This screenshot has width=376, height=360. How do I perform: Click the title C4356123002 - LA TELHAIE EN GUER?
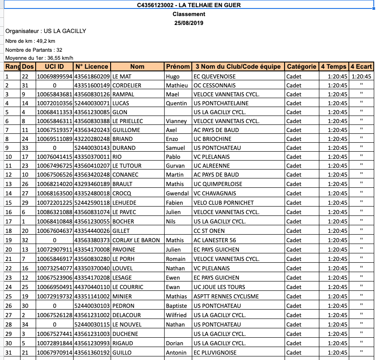click(x=189, y=5)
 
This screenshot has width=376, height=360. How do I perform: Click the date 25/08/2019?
click(x=189, y=23)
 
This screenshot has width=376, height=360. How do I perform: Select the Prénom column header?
click(x=178, y=66)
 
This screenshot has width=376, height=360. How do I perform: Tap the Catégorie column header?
click(x=302, y=66)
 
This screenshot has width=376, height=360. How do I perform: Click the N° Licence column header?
click(x=92, y=66)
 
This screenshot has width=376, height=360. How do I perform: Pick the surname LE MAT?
click(x=122, y=76)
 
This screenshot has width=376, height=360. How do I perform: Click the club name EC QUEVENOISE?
click(x=215, y=76)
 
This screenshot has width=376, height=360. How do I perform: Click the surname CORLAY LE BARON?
click(x=136, y=240)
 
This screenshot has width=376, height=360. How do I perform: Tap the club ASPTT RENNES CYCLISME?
click(x=226, y=296)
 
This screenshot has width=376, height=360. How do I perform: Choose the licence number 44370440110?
click(x=92, y=287)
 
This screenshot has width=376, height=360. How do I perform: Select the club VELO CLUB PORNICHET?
click(x=223, y=202)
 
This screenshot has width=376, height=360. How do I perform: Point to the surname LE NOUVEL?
click(x=126, y=324)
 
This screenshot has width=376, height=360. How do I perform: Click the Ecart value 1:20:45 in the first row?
click(x=361, y=76)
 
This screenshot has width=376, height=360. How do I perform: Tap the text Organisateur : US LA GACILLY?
click(x=46, y=31)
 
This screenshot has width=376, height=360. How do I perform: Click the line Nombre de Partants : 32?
click(x=34, y=50)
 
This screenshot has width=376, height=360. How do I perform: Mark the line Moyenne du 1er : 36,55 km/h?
click(x=39, y=58)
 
